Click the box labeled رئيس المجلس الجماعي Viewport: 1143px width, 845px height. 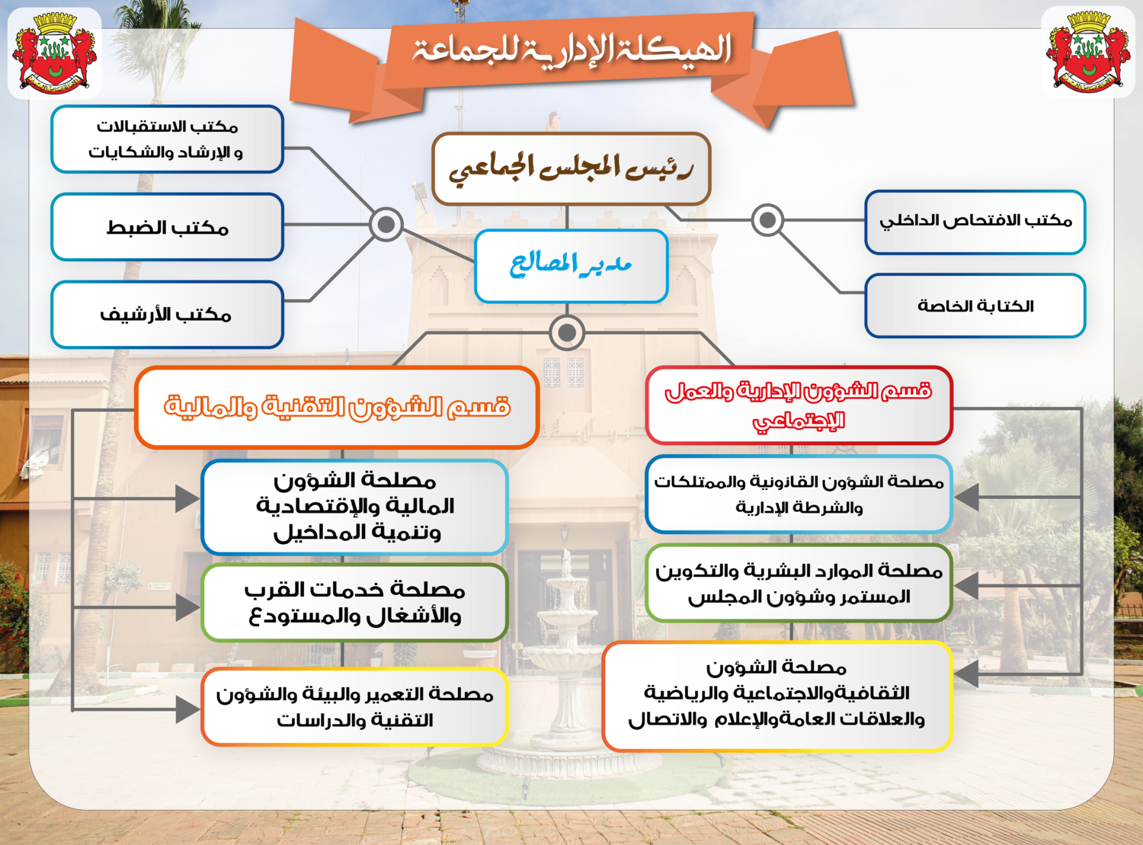click(571, 168)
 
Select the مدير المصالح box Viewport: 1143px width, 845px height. click(571, 266)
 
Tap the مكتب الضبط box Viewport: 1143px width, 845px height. click(167, 227)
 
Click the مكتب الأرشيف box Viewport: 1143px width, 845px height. click(167, 314)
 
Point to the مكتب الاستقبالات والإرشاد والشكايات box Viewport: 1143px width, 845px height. click(167, 139)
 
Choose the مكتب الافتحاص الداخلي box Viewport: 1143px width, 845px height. click(975, 222)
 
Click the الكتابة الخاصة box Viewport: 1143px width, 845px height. click(975, 306)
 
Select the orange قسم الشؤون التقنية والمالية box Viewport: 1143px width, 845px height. click(337, 407)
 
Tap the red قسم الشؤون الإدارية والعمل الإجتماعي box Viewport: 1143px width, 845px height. click(799, 405)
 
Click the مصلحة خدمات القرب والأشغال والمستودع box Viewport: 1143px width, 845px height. click(354, 603)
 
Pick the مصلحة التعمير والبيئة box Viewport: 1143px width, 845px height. click(354, 706)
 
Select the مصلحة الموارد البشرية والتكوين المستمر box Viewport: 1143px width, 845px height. click(799, 583)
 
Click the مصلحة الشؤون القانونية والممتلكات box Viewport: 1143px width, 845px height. click(799, 495)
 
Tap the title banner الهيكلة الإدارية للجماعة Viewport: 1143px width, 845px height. click(571, 52)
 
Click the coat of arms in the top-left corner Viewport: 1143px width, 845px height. click(54, 52)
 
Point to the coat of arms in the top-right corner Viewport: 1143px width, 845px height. click(1088, 52)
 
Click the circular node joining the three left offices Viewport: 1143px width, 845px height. click(386, 224)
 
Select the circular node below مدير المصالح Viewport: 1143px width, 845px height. click(567, 332)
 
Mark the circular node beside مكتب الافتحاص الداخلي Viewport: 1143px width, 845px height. click(767, 220)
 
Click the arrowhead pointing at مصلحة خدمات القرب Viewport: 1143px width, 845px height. click(187, 607)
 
